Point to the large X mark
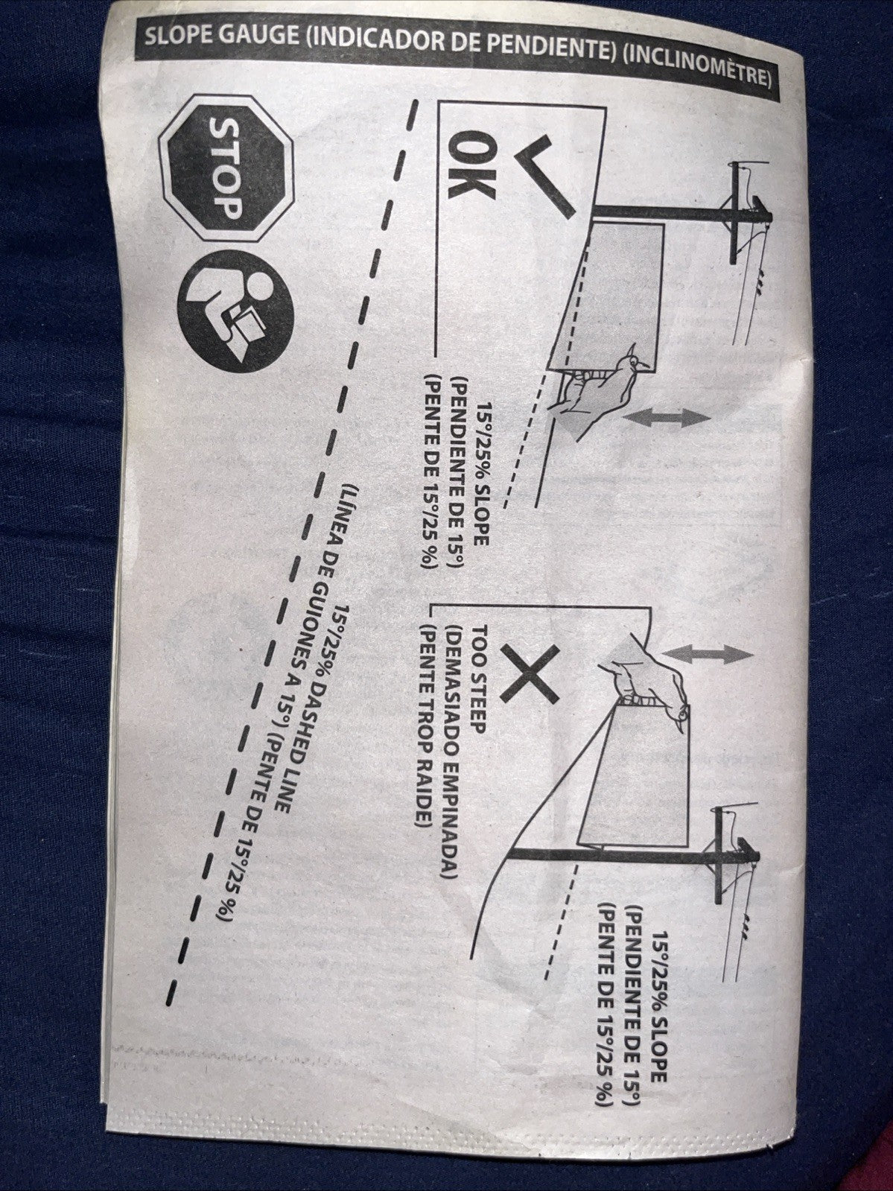(x=530, y=673)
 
